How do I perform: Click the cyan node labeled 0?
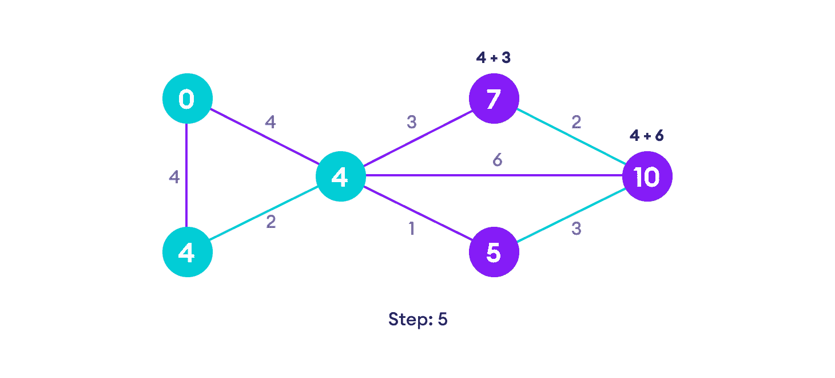click(187, 99)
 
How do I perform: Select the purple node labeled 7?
click(494, 99)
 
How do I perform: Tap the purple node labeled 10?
click(647, 176)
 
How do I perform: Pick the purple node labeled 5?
click(494, 253)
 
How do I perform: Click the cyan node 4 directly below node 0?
click(187, 253)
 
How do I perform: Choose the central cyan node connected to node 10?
click(340, 176)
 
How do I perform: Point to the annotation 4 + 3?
click(494, 58)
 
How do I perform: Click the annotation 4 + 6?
click(647, 136)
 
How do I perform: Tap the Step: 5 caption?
click(417, 320)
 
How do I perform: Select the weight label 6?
click(498, 161)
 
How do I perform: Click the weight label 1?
click(411, 229)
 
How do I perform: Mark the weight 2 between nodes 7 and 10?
click(576, 122)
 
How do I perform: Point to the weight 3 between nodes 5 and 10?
click(576, 229)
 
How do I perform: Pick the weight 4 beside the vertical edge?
click(174, 178)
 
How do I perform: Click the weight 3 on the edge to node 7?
click(411, 122)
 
